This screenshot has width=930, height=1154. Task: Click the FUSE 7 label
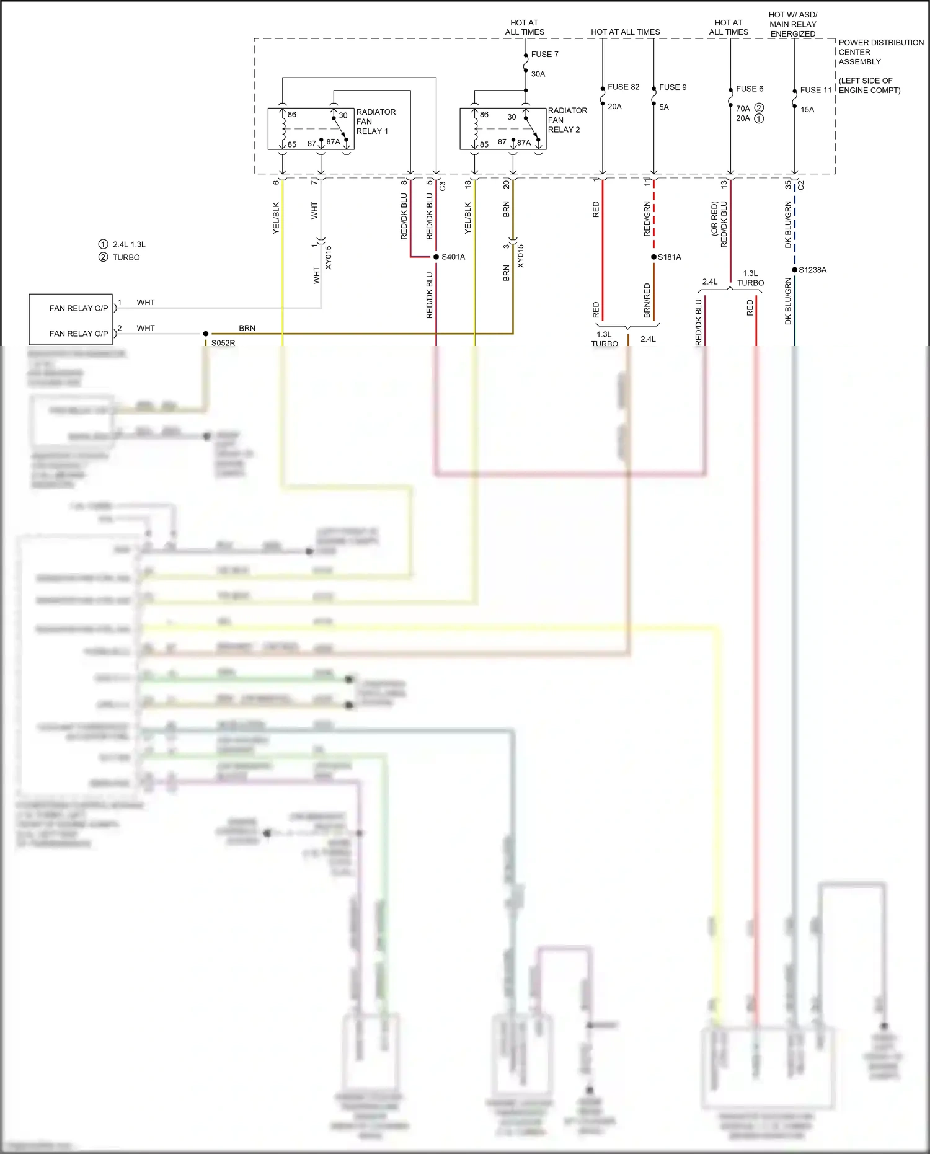(544, 55)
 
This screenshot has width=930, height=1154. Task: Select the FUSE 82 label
(623, 87)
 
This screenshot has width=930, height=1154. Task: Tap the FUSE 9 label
(673, 87)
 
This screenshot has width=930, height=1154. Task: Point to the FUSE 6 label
(750, 89)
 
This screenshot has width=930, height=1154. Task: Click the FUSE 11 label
(815, 90)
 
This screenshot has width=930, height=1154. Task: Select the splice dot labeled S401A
(436, 257)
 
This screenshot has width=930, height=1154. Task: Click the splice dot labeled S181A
(653, 257)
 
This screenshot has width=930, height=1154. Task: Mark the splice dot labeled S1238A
(795, 270)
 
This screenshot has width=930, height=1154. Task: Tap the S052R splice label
(223, 343)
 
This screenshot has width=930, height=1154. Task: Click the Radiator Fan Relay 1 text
(375, 122)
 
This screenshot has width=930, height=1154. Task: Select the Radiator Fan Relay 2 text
(567, 120)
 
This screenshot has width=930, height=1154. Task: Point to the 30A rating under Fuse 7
(538, 74)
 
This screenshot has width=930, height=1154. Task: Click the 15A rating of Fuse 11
(807, 110)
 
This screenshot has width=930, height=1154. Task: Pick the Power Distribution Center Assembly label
(880, 52)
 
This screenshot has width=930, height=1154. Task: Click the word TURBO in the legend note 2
(126, 257)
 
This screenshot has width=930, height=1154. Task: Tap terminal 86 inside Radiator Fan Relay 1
(292, 115)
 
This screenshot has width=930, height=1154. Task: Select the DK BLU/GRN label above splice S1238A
(788, 224)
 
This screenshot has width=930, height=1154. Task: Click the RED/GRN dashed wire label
(647, 218)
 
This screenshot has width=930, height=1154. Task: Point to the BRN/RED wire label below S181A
(647, 301)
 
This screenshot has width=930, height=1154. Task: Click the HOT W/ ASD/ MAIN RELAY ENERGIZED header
(792, 24)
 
